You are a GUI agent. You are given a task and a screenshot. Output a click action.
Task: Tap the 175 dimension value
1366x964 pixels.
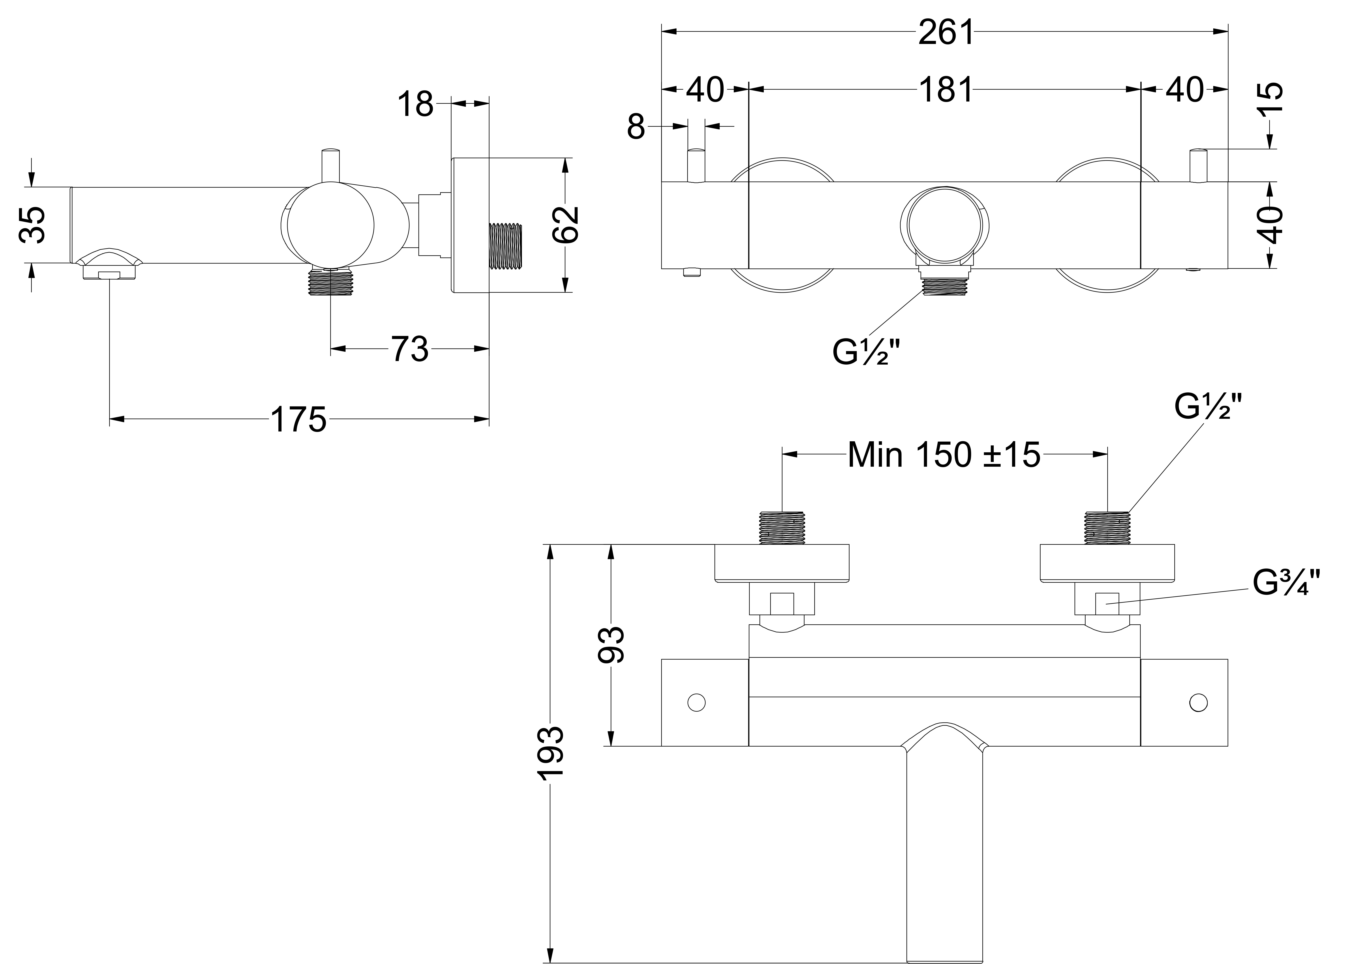point(299,420)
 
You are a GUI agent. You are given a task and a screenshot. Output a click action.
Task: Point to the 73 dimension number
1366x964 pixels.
point(409,349)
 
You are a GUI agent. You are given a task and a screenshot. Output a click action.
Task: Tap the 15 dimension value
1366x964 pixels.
point(1269,98)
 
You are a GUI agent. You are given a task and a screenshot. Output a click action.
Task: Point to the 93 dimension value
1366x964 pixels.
point(611,644)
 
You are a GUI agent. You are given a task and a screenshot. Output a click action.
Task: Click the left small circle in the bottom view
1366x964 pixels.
point(696,702)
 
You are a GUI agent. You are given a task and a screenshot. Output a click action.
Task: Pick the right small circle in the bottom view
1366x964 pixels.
point(1198,702)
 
